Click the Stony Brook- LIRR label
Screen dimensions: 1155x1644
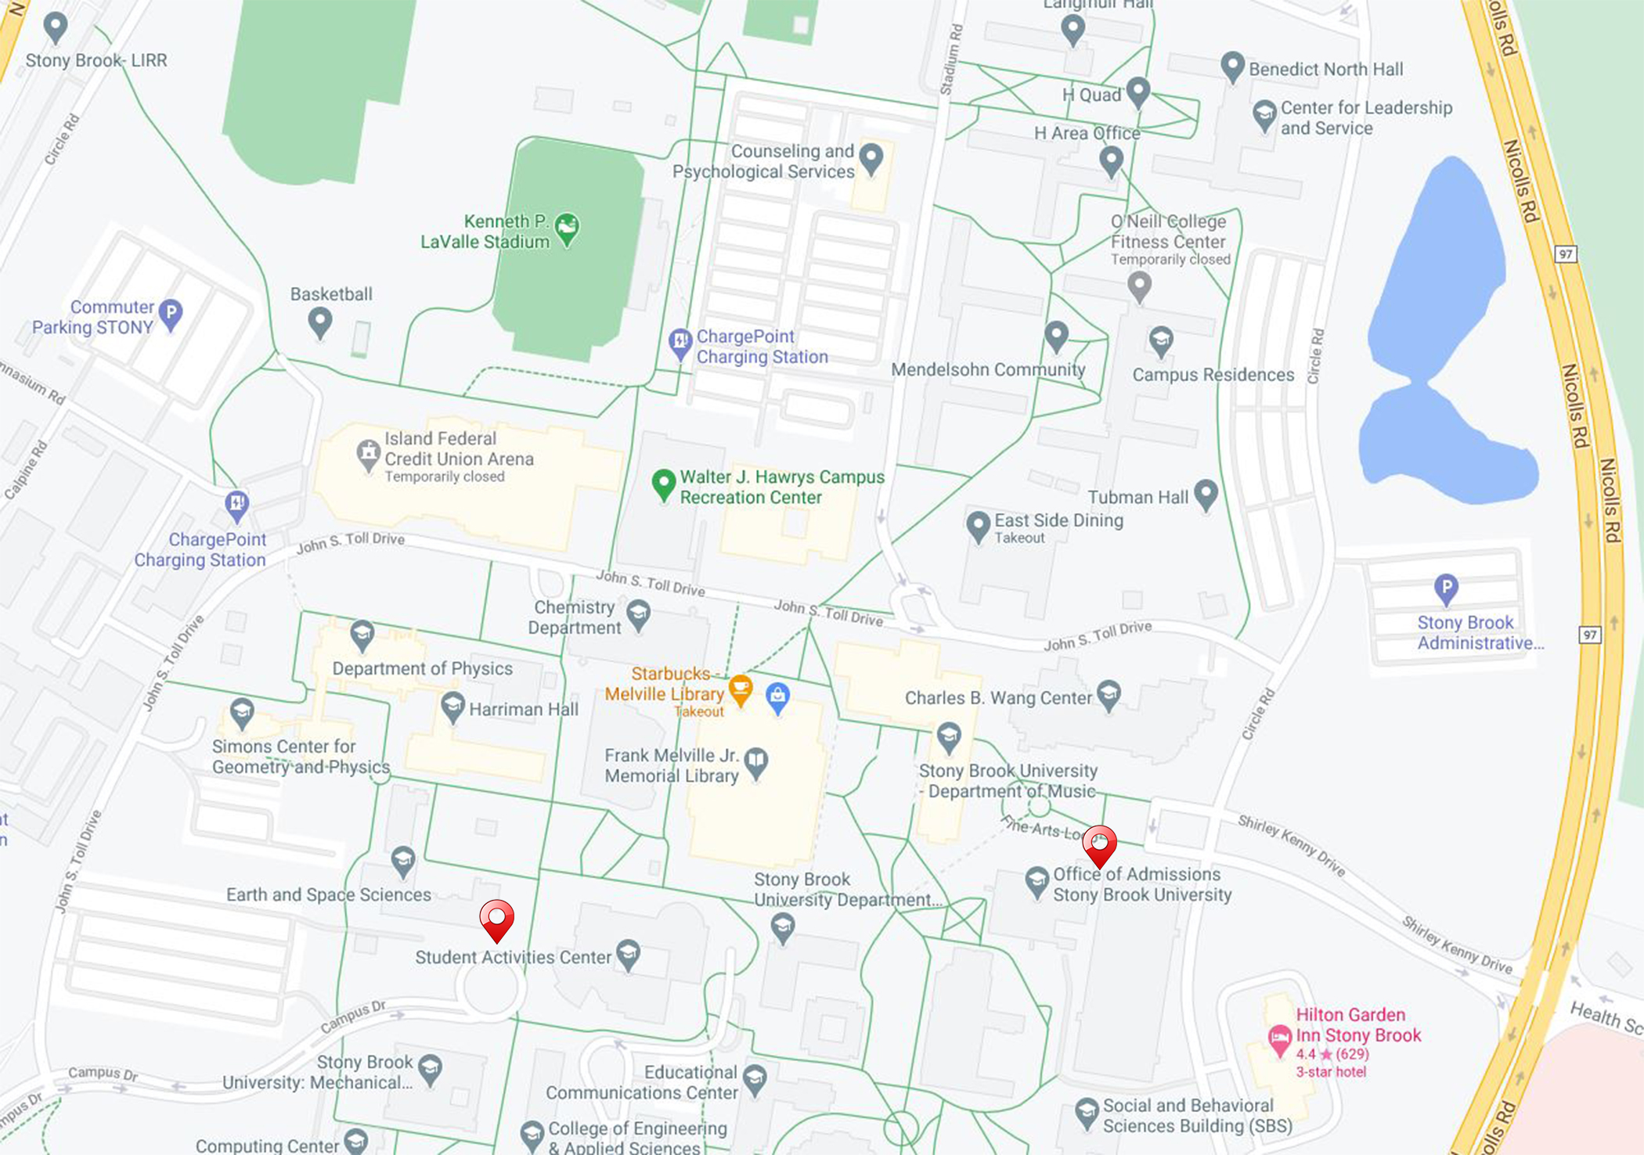tap(96, 60)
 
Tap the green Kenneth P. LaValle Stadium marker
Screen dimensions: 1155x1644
tap(567, 228)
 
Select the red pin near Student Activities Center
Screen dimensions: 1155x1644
tap(496, 918)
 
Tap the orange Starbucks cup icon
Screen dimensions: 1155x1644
tap(740, 689)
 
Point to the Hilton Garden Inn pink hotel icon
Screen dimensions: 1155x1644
tap(1279, 1040)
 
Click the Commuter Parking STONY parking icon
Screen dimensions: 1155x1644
tap(170, 314)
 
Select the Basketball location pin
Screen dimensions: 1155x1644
tap(319, 321)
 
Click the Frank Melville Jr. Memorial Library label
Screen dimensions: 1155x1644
tap(671, 765)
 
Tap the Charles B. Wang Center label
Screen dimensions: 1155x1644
tap(997, 698)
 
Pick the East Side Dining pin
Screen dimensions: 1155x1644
tap(978, 525)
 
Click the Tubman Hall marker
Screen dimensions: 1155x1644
tap(1206, 494)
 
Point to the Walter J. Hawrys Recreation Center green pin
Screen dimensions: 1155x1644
tap(664, 483)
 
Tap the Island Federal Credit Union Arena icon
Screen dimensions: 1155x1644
tap(368, 453)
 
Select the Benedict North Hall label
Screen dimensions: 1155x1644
tap(1325, 69)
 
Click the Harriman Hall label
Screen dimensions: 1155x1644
tap(523, 709)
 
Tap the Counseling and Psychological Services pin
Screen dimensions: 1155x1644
tap(871, 157)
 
